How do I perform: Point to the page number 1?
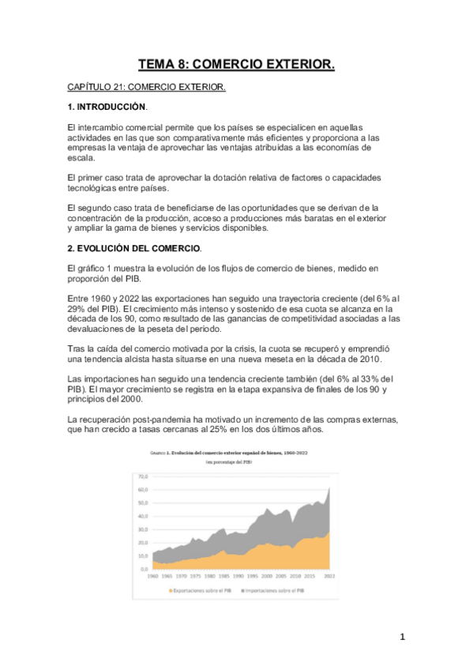(402, 636)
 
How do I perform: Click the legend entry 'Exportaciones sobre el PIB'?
(204, 589)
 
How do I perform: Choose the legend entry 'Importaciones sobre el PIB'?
(275, 589)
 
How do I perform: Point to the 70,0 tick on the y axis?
(143, 477)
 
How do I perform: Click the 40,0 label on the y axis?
(143, 516)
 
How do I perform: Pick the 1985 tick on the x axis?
(223, 576)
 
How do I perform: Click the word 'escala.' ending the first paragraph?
(83, 158)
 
